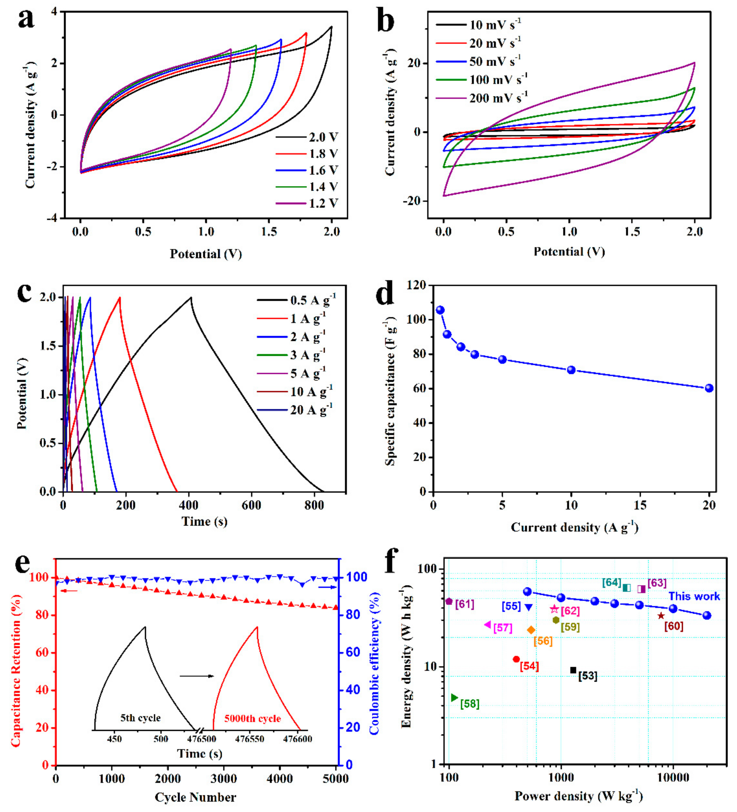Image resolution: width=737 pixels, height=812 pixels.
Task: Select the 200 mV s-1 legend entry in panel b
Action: [498, 98]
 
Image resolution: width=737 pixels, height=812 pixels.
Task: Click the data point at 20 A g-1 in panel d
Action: [709, 388]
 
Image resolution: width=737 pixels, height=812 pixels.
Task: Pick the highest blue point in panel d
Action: [440, 310]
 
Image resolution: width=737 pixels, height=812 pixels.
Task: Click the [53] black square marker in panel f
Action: [573, 670]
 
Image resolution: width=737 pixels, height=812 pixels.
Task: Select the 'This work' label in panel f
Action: [694, 596]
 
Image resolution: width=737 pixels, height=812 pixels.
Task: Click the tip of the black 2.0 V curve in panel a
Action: [331, 27]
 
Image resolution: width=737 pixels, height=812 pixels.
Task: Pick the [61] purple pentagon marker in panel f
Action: [449, 602]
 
